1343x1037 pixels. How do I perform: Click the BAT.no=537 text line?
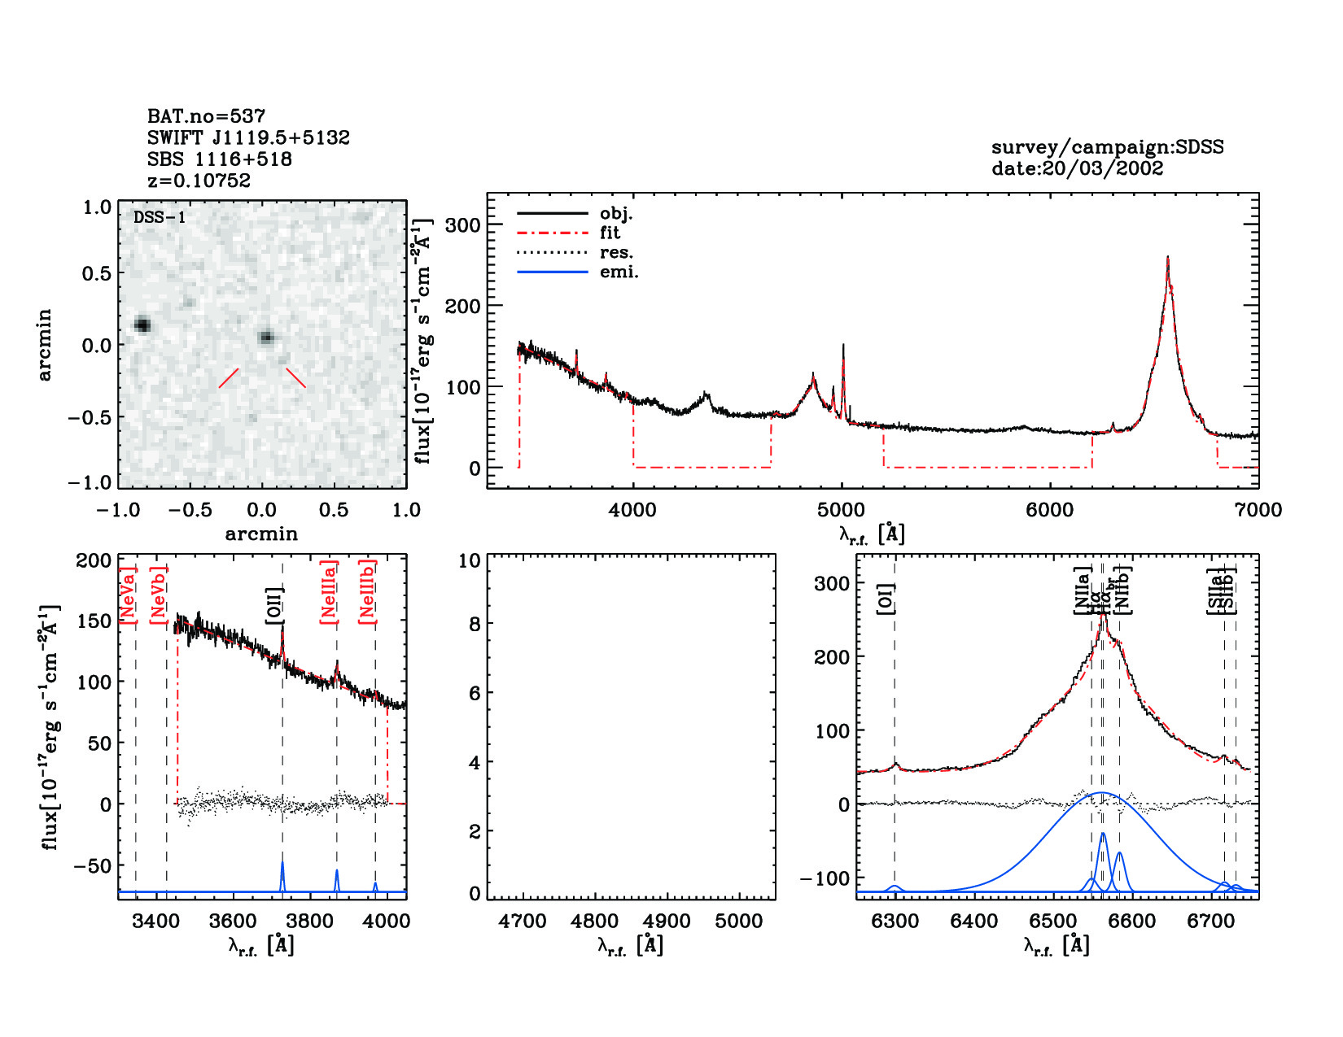click(206, 116)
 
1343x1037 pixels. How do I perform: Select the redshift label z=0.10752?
click(199, 181)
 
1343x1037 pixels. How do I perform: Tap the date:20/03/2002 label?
click(1077, 168)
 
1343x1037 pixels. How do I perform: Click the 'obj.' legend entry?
click(616, 214)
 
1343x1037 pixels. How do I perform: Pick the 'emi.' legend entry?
click(619, 272)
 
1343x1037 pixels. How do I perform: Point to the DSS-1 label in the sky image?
click(160, 217)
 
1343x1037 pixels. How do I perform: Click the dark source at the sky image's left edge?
click(142, 325)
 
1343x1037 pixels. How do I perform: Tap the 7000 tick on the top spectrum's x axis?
click(1258, 510)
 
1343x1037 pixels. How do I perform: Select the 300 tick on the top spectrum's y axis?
click(462, 224)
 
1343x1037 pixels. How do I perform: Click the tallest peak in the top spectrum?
click(1168, 259)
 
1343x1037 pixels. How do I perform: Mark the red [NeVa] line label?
click(128, 595)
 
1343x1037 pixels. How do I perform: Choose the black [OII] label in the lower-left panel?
click(274, 605)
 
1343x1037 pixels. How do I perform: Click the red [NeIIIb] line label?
click(367, 591)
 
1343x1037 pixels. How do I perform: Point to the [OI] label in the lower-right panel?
click(886, 599)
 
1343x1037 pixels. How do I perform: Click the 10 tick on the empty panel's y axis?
click(470, 560)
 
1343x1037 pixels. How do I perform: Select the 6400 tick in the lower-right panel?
click(974, 922)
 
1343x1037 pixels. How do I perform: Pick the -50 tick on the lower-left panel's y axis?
click(92, 865)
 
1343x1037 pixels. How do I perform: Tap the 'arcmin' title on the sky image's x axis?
click(261, 534)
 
